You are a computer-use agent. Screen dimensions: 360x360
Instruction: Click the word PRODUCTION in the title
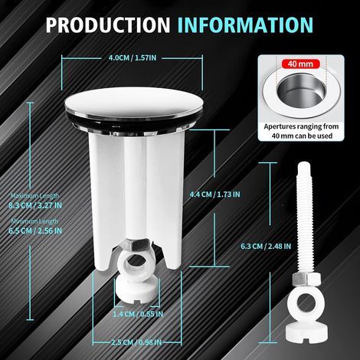[x=108, y=25]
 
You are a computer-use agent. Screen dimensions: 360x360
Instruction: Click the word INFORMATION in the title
[x=245, y=25]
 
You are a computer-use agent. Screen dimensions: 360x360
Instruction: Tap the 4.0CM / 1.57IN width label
[x=133, y=58]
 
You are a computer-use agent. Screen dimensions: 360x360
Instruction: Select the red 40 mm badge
[x=300, y=64]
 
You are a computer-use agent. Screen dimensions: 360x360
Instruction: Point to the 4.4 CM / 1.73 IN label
[x=214, y=195]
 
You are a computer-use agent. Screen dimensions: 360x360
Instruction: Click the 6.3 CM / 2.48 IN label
[x=266, y=247]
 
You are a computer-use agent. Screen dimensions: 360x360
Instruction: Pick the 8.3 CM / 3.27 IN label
[x=35, y=205]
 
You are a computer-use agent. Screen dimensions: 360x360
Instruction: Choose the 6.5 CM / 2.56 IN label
[x=35, y=231]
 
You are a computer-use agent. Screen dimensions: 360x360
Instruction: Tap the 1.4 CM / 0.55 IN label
[x=138, y=314]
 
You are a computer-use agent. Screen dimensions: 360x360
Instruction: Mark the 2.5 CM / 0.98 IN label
[x=136, y=342]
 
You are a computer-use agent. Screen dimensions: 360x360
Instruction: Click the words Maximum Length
[x=34, y=196]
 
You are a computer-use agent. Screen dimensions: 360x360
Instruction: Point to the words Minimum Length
[x=34, y=221]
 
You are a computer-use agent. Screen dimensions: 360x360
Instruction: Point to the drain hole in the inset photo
[x=301, y=90]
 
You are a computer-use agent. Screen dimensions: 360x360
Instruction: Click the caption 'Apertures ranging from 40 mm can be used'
[x=301, y=131]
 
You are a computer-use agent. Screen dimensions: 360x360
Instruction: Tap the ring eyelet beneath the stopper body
[x=136, y=265]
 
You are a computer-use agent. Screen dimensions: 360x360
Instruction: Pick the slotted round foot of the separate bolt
[x=306, y=330]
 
